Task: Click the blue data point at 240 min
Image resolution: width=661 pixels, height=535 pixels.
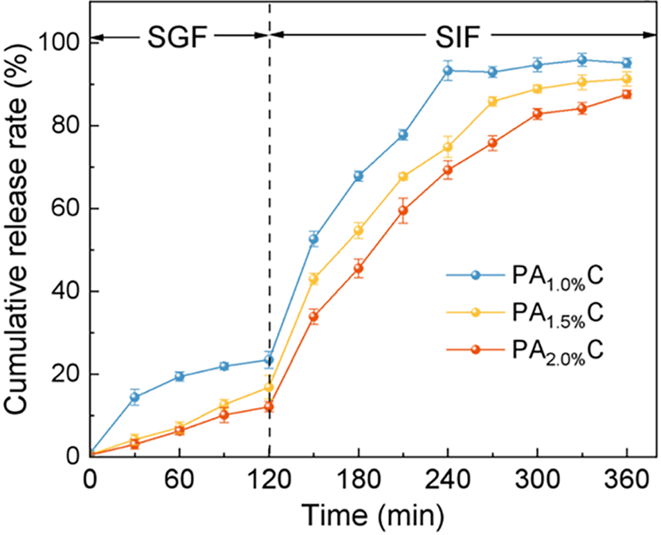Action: click(448, 71)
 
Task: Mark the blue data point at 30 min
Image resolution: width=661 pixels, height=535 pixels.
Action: click(135, 397)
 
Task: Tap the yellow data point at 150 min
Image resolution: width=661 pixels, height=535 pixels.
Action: click(314, 279)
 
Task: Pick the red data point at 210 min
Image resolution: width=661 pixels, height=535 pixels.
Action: click(403, 210)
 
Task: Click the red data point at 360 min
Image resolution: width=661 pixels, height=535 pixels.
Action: click(627, 94)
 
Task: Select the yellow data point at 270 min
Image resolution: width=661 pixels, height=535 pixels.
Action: click(493, 102)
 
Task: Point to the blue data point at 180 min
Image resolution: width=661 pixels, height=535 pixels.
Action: click(359, 176)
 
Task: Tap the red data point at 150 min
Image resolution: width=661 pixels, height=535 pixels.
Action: click(314, 317)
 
